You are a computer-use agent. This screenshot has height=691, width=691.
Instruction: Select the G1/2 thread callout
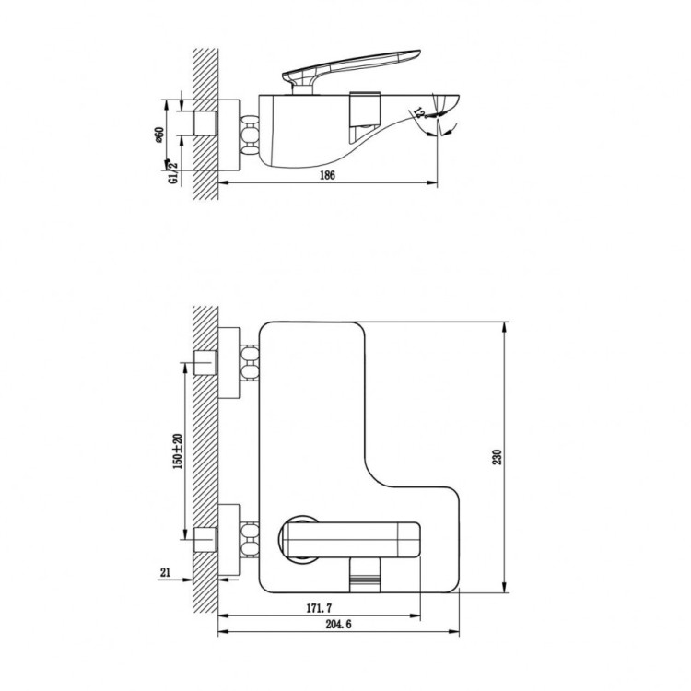pos(172,172)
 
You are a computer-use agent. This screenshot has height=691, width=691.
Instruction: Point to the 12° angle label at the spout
pos(420,113)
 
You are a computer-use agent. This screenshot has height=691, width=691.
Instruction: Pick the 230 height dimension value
pos(498,458)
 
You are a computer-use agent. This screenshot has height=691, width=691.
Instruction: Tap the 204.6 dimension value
pos(337,626)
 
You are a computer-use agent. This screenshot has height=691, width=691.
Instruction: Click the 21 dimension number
pos(166,572)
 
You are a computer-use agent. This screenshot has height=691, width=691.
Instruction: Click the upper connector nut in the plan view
pos(249,362)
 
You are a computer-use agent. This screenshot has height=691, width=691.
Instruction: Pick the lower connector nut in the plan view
pos(249,536)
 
